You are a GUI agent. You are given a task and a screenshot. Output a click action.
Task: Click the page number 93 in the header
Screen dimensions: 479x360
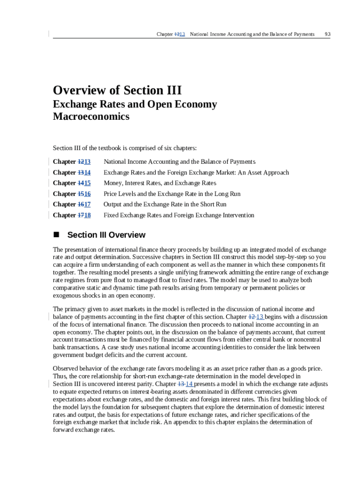point(327,34)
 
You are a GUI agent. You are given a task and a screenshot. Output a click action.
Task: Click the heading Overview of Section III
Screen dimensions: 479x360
point(117,90)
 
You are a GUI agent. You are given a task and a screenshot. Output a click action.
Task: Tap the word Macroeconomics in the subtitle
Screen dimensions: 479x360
point(91,116)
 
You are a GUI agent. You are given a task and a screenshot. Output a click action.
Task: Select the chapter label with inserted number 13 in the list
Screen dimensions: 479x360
point(72,161)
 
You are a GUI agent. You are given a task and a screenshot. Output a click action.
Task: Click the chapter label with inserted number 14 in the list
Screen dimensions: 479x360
point(72,172)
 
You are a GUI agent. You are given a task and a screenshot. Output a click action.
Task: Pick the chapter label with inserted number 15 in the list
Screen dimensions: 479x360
point(72,183)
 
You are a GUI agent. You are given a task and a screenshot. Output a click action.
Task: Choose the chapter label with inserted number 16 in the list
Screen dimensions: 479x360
point(72,194)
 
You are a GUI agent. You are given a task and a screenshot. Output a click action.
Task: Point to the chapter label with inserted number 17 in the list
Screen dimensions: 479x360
point(72,204)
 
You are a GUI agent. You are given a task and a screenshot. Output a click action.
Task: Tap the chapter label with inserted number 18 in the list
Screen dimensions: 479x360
point(72,215)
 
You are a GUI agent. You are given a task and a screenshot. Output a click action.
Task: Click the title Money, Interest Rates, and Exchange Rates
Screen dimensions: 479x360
point(159,183)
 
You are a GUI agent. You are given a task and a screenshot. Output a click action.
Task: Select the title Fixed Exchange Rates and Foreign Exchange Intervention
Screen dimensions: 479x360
point(179,215)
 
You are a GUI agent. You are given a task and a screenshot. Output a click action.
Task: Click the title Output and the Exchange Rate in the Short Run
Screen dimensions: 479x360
point(165,204)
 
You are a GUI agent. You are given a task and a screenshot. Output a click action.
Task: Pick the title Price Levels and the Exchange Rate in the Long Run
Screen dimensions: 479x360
point(172,194)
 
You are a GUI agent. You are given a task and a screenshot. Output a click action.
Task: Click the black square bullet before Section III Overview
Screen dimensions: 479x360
point(57,235)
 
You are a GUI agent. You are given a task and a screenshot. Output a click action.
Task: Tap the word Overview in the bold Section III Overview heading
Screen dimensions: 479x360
point(127,235)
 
